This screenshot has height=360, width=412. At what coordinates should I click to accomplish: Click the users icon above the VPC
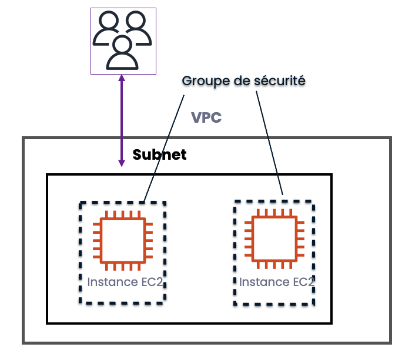click(122, 41)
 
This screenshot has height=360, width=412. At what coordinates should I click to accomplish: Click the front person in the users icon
click(122, 52)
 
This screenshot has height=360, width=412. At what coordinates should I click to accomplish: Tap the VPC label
click(206, 117)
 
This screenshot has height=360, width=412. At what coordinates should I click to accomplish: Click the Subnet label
click(159, 155)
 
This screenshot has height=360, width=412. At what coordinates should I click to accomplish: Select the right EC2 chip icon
click(274, 238)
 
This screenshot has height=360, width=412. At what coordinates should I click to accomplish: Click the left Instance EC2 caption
click(125, 282)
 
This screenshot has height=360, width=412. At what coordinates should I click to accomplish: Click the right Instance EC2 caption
click(276, 282)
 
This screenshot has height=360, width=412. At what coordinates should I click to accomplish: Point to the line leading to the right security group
click(270, 141)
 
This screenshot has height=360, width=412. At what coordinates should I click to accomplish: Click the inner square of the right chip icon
click(274, 238)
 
